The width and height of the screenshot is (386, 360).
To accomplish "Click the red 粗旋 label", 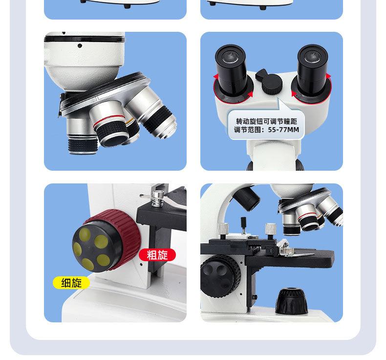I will tap(157, 254).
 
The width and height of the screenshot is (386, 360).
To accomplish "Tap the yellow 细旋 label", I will tap(71, 283).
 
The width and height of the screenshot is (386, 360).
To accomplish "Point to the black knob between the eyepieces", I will tap(269, 85).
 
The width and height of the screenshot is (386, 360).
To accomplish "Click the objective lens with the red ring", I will tap(112, 130).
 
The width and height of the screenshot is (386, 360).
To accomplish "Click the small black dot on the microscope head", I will tap(80, 45).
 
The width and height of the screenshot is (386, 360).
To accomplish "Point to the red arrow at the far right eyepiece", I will tap(328, 77).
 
